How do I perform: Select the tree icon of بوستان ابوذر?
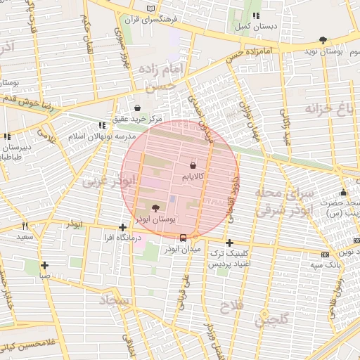tap(155, 208)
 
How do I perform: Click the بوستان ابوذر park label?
tap(155, 219)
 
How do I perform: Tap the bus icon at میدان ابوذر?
tap(184, 238)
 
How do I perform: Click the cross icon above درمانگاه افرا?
tap(123, 227)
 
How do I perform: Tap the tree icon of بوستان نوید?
tap(323, 40)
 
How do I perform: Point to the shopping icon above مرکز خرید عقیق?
tap(138, 108)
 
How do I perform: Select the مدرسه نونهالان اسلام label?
tap(77, 134)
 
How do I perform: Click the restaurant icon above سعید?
tap(25, 226)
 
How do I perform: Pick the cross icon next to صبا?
tap(44, 265)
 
